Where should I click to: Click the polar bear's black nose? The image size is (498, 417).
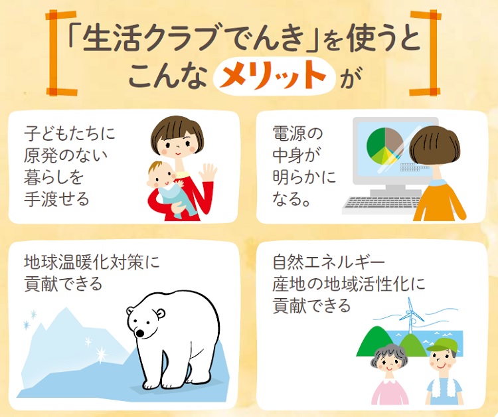tap(139, 333)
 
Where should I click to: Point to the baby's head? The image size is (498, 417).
tap(161, 175)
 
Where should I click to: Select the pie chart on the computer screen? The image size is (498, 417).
tap(385, 146)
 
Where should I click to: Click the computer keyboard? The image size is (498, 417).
tap(382, 205)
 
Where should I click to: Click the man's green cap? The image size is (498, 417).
tap(442, 345)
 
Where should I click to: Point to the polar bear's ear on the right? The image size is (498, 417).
tap(161, 313)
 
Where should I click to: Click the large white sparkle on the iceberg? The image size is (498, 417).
tap(102, 353)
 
